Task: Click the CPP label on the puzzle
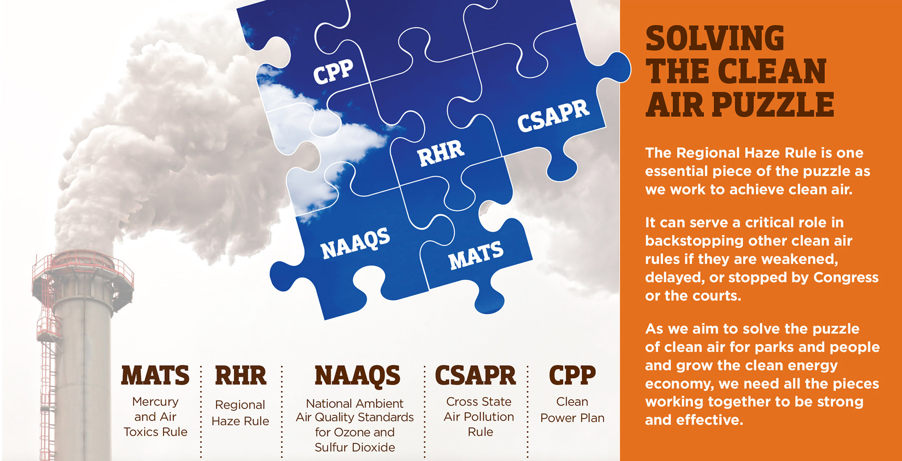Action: (334, 72)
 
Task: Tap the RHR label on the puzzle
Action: (441, 153)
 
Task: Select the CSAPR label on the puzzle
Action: (553, 115)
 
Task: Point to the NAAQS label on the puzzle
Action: (356, 243)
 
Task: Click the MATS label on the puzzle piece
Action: (476, 255)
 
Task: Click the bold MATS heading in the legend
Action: (156, 376)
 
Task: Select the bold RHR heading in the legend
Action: (241, 376)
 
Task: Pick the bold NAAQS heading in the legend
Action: (358, 376)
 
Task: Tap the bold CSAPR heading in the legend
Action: (475, 376)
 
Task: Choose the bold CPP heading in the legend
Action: (572, 376)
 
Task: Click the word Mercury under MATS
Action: (156, 402)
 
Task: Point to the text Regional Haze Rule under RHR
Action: (241, 413)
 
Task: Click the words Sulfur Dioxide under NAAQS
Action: (355, 447)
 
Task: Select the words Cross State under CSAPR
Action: (479, 402)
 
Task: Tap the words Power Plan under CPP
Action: (572, 418)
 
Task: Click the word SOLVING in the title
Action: (715, 38)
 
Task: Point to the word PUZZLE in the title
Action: (773, 105)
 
